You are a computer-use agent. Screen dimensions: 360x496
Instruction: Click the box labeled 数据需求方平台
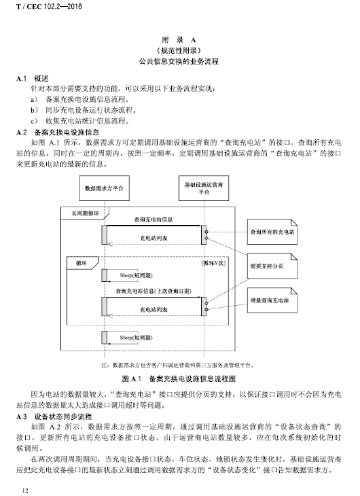click(104, 188)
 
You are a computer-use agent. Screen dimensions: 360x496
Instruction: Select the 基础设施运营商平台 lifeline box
click(204, 188)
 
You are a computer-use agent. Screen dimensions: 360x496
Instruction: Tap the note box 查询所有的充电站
click(272, 232)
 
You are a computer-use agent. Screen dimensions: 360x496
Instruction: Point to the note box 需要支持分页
click(272, 266)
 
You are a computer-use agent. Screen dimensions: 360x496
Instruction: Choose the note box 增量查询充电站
click(272, 300)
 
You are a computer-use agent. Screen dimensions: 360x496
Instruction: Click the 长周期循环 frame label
click(85, 213)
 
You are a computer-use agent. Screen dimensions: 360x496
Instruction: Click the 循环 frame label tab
click(82, 263)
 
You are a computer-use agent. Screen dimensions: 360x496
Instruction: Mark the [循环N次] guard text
click(213, 263)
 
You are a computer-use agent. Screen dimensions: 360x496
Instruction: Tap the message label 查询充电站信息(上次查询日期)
click(154, 291)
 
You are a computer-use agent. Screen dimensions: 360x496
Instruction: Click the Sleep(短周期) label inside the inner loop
click(136, 276)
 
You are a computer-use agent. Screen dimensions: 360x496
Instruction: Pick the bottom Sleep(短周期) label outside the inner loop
click(136, 338)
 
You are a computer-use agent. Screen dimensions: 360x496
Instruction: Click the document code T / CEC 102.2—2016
click(49, 7)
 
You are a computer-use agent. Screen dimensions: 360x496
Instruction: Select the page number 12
click(25, 491)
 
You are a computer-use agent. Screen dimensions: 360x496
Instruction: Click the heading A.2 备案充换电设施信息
click(58, 132)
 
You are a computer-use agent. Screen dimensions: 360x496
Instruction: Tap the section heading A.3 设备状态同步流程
click(54, 417)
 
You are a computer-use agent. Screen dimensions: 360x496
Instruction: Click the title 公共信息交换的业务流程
click(179, 61)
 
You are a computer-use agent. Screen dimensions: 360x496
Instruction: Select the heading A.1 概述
click(33, 78)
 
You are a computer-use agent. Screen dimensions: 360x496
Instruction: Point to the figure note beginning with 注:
click(177, 366)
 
